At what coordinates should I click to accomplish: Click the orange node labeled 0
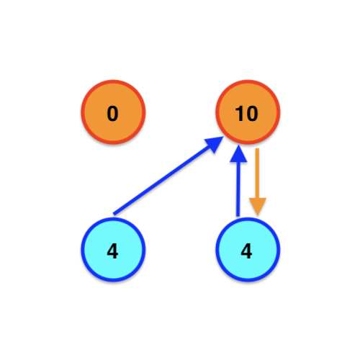click(113, 112)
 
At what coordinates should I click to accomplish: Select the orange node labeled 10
click(248, 112)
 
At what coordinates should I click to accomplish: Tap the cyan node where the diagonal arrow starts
click(113, 250)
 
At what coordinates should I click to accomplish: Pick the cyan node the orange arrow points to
click(248, 250)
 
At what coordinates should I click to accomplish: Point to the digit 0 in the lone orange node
click(112, 114)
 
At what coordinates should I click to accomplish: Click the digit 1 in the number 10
click(240, 114)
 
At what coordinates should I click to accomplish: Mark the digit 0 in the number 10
click(252, 114)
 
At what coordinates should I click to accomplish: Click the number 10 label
click(247, 114)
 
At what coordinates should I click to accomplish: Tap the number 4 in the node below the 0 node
click(112, 251)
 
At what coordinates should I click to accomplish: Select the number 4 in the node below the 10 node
click(246, 251)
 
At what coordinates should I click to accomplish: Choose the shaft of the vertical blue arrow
click(238, 189)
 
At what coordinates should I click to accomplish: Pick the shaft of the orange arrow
click(257, 174)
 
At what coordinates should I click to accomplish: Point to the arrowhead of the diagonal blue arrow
click(215, 145)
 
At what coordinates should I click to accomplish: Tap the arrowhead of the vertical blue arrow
click(238, 153)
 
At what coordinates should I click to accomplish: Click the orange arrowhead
click(258, 207)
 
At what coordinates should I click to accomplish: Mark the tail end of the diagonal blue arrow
click(114, 214)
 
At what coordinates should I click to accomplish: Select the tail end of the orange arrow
click(257, 148)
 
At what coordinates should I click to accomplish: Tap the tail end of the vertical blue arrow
click(238, 216)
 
